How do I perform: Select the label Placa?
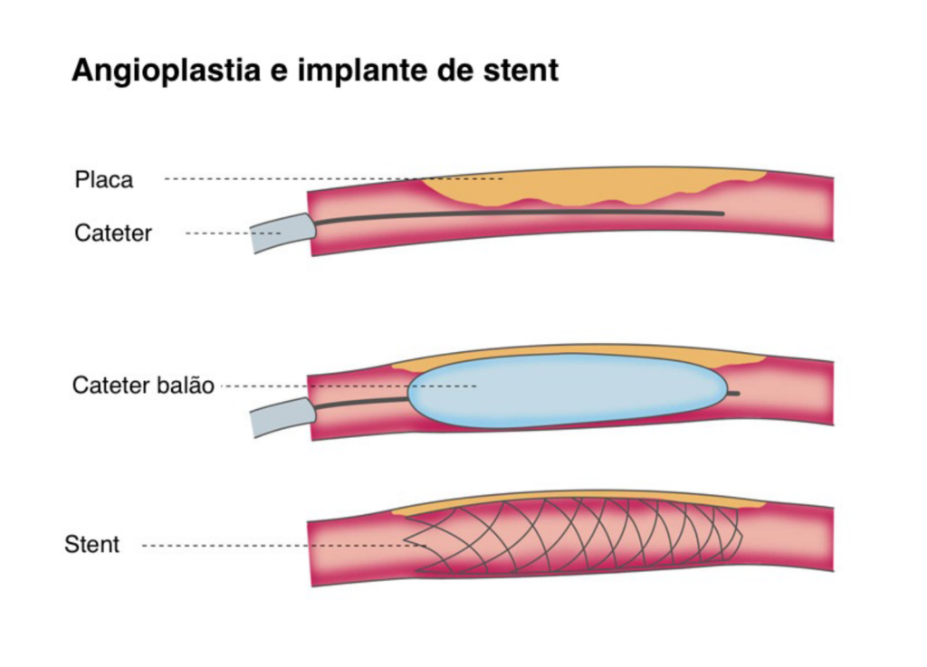click(x=103, y=180)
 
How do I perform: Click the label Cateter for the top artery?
click(x=113, y=233)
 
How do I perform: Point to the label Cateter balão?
click(x=143, y=386)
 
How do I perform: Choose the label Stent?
click(x=91, y=545)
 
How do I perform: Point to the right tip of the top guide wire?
click(x=722, y=214)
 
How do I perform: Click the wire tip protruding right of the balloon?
click(x=734, y=393)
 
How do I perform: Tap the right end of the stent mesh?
click(x=741, y=540)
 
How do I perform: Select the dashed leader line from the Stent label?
click(x=272, y=546)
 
